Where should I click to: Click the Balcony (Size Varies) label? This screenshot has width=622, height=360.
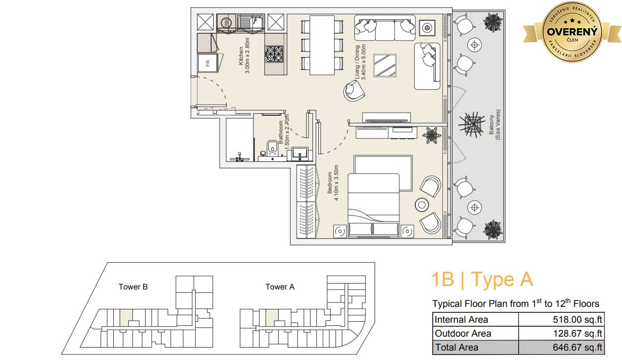(x=494, y=125)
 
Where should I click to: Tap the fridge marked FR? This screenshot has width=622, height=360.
(x=207, y=63)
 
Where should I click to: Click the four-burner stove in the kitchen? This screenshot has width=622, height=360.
(x=275, y=54)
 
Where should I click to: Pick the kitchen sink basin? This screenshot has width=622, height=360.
(x=250, y=22)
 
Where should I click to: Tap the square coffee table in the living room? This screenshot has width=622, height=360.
(x=385, y=65)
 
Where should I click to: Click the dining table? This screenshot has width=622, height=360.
(x=322, y=45)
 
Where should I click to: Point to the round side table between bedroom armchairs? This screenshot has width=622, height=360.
(x=422, y=205)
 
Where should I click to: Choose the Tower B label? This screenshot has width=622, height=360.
(x=133, y=287)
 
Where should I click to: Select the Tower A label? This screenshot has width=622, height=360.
(x=280, y=287)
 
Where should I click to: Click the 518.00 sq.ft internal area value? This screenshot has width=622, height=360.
(x=577, y=319)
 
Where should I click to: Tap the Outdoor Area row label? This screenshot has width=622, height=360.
(x=463, y=333)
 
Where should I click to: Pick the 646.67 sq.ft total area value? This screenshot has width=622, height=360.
(x=577, y=347)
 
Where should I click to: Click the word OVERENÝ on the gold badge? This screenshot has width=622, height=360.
(x=572, y=32)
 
